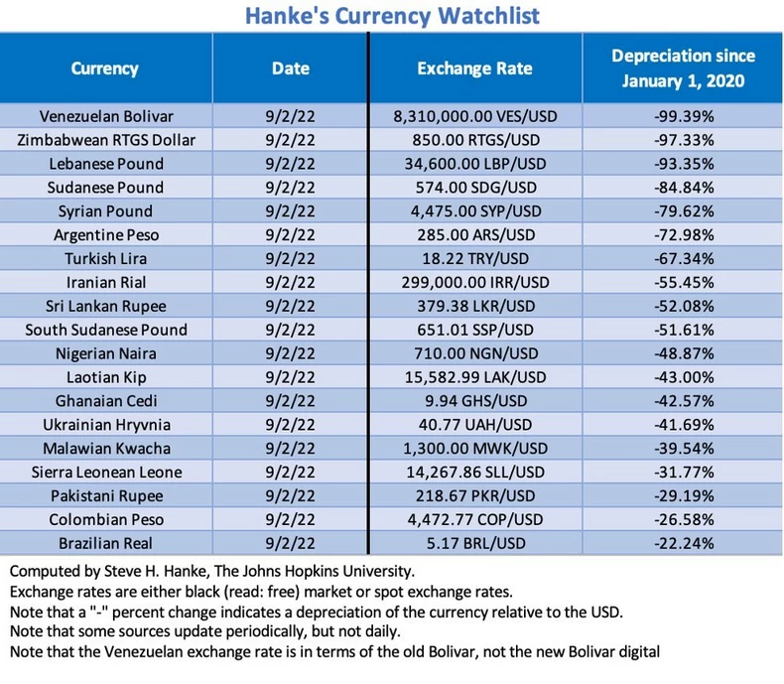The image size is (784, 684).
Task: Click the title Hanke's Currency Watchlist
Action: (391, 16)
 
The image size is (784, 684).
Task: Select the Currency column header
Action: (104, 68)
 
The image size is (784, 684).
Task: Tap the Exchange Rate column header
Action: (474, 68)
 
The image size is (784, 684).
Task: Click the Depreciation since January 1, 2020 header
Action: (683, 68)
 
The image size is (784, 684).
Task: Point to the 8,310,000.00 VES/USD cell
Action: (474, 116)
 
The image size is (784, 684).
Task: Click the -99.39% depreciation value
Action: (683, 116)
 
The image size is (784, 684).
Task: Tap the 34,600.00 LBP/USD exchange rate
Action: (474, 164)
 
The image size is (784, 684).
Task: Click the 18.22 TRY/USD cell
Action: (474, 258)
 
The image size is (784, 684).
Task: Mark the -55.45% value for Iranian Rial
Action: (683, 282)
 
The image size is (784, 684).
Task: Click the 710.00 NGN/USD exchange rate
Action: (474, 353)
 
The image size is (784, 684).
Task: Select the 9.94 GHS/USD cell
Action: (474, 400)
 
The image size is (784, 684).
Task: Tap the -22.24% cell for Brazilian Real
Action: (683, 542)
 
